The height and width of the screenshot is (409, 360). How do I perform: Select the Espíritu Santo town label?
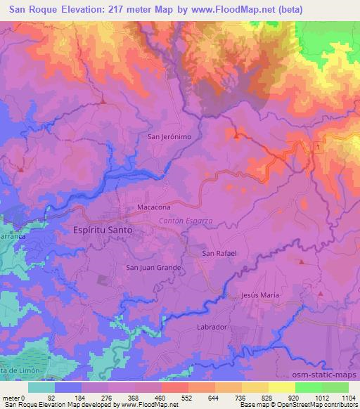(x=103, y=229)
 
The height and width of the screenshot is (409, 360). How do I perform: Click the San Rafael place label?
(x=219, y=253)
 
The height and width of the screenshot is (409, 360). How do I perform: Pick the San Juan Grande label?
(x=154, y=267)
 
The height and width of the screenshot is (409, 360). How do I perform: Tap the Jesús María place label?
(x=260, y=296)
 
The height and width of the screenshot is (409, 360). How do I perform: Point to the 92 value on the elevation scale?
(x=70, y=398)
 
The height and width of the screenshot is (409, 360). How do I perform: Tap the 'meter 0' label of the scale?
(x=14, y=398)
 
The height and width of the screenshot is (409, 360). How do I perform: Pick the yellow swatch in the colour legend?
(x=281, y=387)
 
